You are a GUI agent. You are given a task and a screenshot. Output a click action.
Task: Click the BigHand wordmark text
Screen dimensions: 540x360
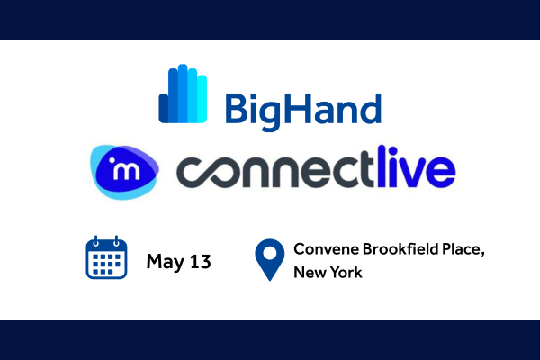(x=303, y=111)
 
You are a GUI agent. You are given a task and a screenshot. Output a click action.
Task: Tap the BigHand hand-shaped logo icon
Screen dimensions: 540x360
(x=183, y=94)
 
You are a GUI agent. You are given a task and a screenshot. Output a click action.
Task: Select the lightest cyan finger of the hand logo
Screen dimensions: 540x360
(x=202, y=99)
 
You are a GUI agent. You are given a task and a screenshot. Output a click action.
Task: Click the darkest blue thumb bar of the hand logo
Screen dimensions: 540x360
(x=163, y=109)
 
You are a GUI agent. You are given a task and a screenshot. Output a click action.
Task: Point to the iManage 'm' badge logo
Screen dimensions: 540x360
(x=125, y=172)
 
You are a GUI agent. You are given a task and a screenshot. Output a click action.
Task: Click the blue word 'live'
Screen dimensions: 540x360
(x=417, y=166)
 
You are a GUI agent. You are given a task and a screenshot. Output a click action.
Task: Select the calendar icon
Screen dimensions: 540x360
(x=106, y=257)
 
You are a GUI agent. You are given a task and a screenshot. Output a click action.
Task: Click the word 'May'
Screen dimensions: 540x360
(x=166, y=262)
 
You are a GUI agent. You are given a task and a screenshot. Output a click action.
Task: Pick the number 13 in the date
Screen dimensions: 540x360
(x=201, y=262)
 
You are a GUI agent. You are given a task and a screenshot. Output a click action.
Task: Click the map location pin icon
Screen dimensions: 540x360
(x=270, y=260)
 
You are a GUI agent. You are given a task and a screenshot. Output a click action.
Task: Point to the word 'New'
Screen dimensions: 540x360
(x=306, y=272)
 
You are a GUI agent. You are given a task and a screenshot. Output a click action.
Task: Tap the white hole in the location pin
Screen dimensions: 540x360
(x=270, y=254)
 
